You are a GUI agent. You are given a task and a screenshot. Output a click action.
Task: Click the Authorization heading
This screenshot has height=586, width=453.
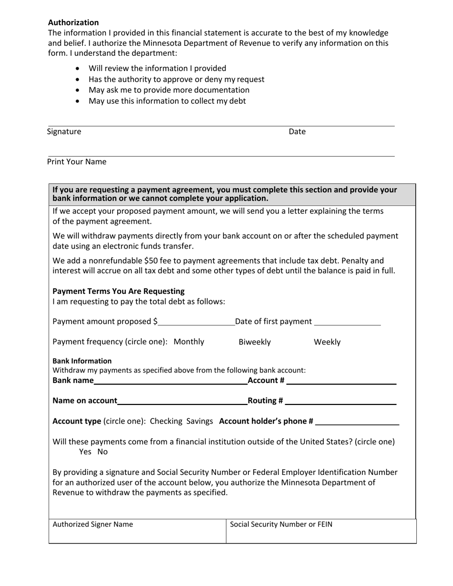pos(73,22)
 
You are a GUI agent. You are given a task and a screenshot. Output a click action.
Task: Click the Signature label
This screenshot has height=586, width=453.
pos(64,131)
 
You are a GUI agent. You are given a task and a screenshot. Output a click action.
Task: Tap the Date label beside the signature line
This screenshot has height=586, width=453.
pos(297,131)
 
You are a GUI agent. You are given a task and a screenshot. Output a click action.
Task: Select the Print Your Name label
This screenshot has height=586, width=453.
pos(77,162)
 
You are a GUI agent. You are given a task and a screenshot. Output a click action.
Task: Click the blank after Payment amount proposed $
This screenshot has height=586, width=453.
pos(196,322)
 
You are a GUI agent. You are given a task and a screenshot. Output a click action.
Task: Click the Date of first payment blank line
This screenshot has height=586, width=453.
pos(348,322)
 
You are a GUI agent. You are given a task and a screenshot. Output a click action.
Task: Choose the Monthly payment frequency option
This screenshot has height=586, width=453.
pos(189,342)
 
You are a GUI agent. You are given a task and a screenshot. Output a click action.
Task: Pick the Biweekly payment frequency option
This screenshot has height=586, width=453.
pos(255,342)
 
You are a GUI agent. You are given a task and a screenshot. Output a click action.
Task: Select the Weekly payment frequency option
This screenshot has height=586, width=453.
pos(327,342)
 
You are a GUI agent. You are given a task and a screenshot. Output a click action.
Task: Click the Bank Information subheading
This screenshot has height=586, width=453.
pos(82,361)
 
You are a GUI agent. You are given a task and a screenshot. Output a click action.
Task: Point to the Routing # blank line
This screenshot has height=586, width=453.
pos(340,401)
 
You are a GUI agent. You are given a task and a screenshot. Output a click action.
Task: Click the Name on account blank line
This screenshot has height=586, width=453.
pos(182,401)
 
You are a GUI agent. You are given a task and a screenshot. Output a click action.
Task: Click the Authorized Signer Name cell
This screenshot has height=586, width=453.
pos(137,531)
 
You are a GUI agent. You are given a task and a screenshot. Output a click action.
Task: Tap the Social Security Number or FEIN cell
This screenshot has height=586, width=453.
pos(321,531)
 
